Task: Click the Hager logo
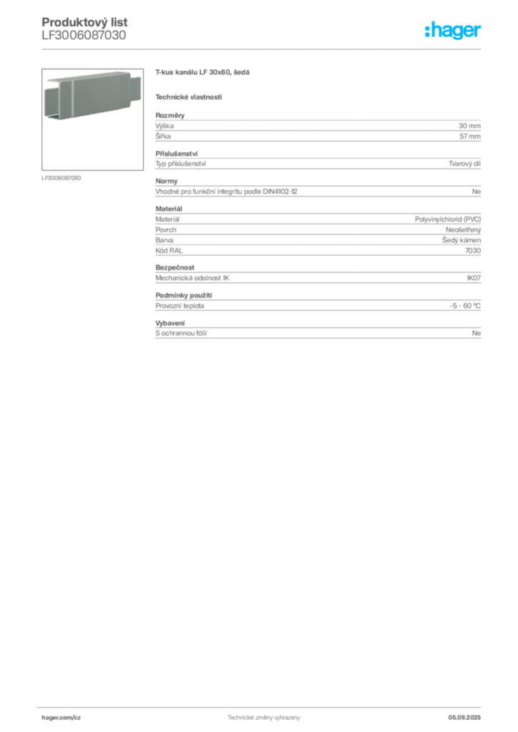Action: tap(452, 30)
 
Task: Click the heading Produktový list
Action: tap(84, 22)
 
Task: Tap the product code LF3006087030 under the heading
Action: tap(84, 35)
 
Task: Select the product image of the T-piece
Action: tap(92, 119)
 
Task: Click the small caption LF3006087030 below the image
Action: tap(62, 178)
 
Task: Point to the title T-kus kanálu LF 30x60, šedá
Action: tap(202, 72)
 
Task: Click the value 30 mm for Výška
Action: tap(469, 126)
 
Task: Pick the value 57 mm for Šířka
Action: tap(470, 137)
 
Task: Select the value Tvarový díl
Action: tap(464, 164)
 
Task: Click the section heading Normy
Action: tap(166, 181)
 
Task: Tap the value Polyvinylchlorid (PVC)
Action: tap(447, 219)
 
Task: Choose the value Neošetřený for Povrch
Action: tap(463, 229)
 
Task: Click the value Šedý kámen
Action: tap(461, 240)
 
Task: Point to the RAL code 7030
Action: tap(473, 251)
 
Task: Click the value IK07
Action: tap(474, 278)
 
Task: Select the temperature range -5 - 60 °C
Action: tap(465, 306)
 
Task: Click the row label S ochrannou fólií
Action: tap(181, 333)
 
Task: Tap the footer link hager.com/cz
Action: tap(62, 718)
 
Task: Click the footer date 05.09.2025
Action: tap(464, 718)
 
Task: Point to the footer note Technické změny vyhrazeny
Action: tap(264, 718)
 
